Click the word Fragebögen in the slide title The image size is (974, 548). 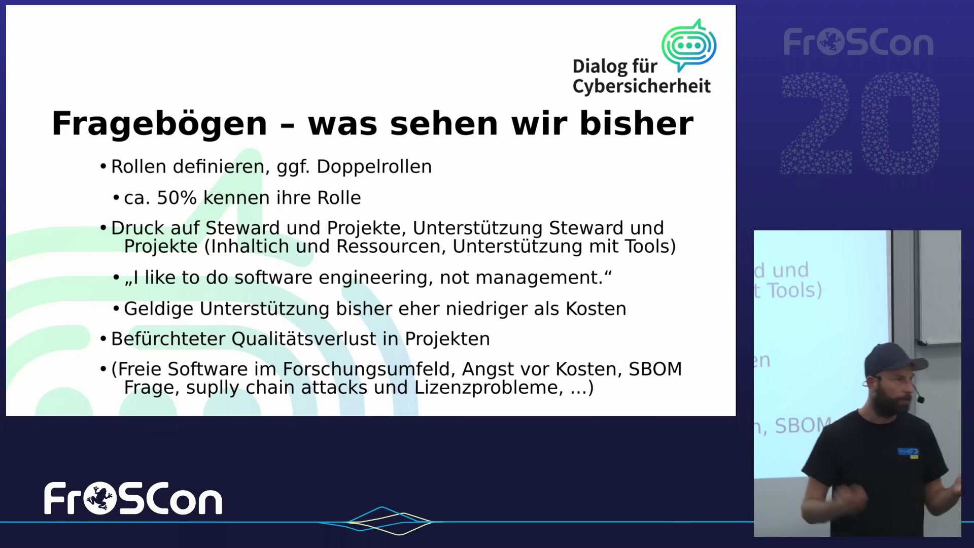coord(159,124)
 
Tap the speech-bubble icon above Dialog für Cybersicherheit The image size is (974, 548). coord(689,45)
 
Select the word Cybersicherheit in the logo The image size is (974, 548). coord(642,86)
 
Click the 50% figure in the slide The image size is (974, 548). coord(177,198)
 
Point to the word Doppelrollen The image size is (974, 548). coord(374,167)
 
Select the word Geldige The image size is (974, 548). coord(159,309)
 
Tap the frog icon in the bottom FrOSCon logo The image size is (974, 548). coord(100,498)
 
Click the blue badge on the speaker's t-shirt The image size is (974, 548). coord(908,452)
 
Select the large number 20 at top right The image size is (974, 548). coord(860,123)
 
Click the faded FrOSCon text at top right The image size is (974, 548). coord(858,43)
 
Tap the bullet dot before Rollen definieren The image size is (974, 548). coord(103,166)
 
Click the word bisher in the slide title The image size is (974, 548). coord(637,123)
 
